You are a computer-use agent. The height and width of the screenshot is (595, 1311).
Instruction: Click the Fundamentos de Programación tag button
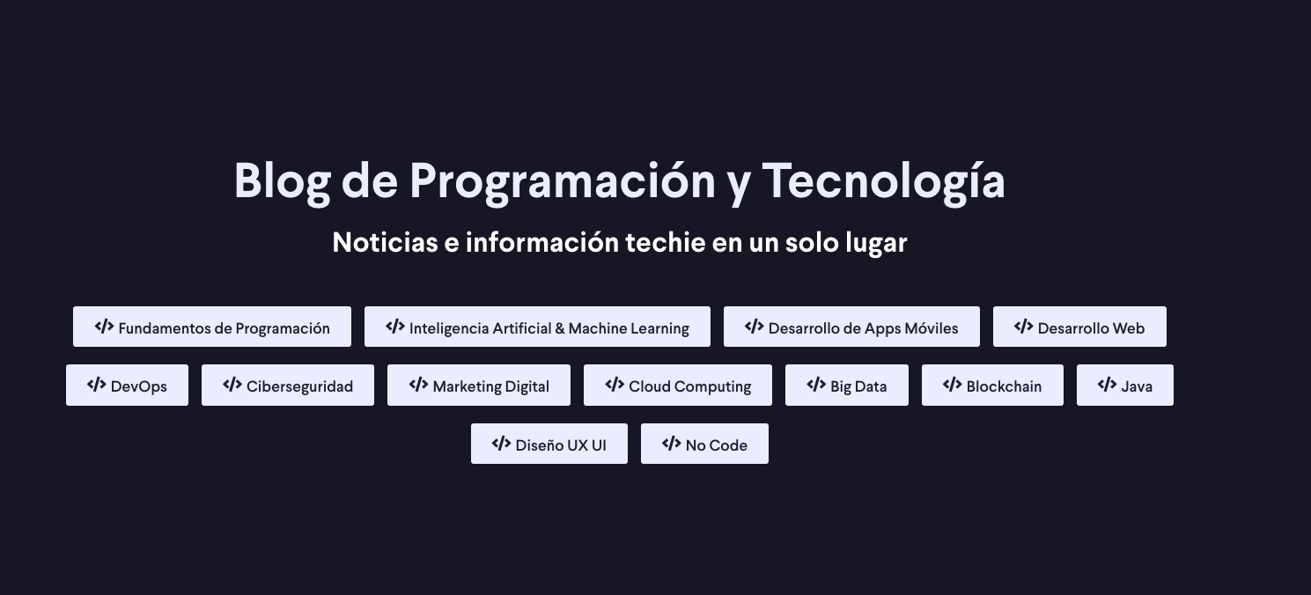[212, 327]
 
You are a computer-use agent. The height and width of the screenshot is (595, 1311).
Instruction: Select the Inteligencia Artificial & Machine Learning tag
[537, 327]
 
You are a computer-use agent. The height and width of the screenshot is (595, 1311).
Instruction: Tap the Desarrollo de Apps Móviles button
[851, 327]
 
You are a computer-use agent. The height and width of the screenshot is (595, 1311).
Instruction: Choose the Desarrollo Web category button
[1079, 327]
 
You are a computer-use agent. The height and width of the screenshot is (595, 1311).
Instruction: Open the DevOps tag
[127, 386]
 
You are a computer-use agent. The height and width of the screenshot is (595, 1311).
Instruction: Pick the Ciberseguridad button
[288, 386]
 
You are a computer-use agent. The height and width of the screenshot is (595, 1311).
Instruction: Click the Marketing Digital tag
[479, 386]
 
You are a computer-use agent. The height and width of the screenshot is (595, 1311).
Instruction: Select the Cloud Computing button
[678, 386]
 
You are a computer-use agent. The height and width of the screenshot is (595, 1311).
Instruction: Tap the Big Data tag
[847, 386]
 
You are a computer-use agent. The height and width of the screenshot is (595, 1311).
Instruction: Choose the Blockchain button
[992, 386]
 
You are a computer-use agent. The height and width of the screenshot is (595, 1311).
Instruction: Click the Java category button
[1125, 386]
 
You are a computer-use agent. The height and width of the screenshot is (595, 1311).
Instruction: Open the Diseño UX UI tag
[549, 444]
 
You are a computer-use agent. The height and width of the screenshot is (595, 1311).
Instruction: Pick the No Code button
[704, 444]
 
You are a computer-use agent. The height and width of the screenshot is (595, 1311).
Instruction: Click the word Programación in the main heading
[562, 181]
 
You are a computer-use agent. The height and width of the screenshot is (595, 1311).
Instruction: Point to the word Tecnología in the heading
[883, 181]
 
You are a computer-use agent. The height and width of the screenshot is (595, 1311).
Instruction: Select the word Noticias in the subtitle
[385, 242]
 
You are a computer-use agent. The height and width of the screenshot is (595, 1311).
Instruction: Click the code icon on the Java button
[1107, 385]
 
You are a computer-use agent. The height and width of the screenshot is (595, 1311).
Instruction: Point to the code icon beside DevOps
[96, 385]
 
